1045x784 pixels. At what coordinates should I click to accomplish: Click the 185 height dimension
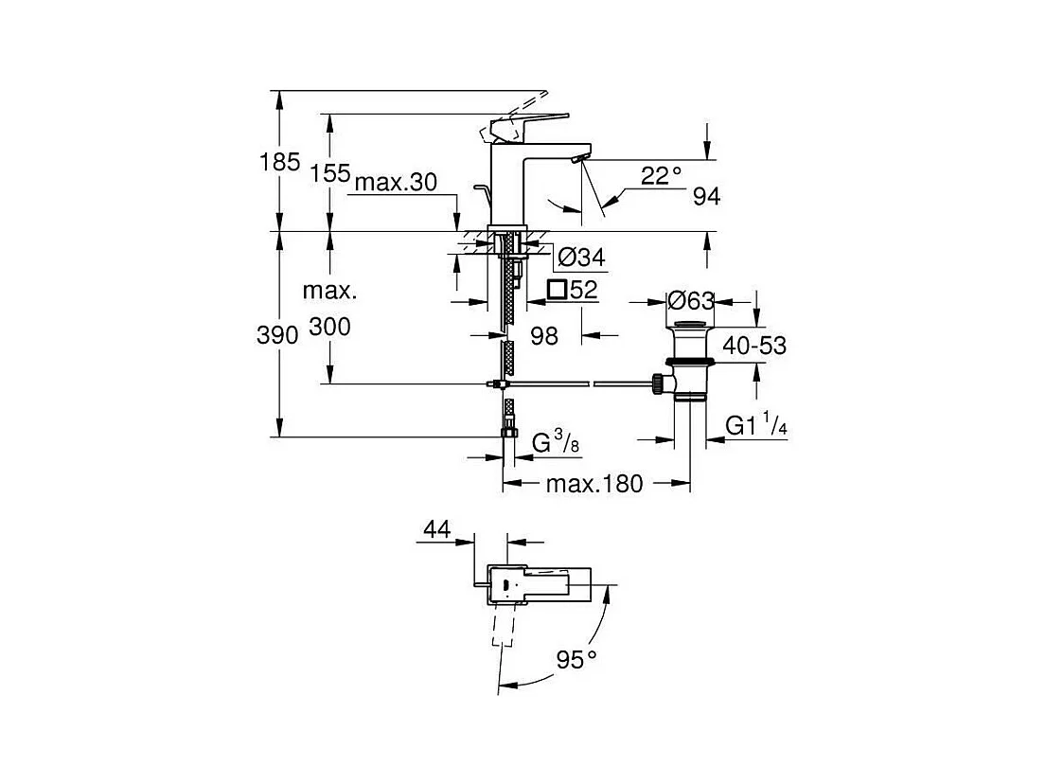(279, 162)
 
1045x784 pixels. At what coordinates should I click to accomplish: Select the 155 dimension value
(331, 172)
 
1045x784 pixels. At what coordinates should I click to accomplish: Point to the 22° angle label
(661, 175)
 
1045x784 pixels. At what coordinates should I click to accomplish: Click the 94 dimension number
(706, 197)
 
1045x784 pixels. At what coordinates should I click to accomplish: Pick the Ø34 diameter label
(582, 257)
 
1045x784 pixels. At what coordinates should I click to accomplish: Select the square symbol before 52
(558, 290)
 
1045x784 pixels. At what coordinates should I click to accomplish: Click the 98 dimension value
(544, 335)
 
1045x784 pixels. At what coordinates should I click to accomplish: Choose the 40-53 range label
(754, 346)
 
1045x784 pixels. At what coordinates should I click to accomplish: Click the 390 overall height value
(279, 333)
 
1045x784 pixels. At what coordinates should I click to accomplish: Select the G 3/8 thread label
(554, 441)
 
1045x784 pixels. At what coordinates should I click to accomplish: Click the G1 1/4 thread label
(756, 426)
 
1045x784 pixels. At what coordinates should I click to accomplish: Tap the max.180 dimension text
(594, 485)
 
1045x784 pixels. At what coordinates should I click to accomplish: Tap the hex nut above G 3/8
(509, 433)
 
